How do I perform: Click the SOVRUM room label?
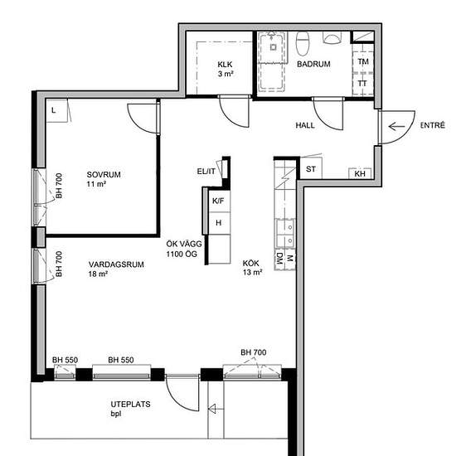(x=104, y=175)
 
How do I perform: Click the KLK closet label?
(x=225, y=65)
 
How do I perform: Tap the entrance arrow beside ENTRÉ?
(x=396, y=126)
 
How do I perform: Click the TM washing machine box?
(x=362, y=61)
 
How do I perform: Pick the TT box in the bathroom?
(x=362, y=83)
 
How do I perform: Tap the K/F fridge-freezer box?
(x=217, y=201)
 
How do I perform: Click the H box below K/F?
(x=219, y=223)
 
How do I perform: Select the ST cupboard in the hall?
(x=312, y=170)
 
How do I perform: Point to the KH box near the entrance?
(x=360, y=173)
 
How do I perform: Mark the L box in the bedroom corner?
(x=53, y=109)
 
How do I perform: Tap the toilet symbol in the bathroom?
(x=304, y=41)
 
